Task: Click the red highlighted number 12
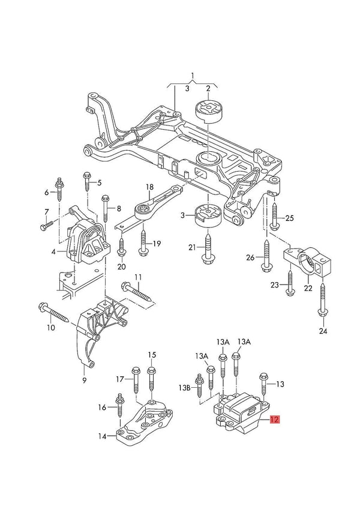point(274,420)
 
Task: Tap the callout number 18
point(149,187)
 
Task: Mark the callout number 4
point(53,251)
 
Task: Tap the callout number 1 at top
point(193,76)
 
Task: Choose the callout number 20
point(121,267)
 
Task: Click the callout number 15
point(152,355)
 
